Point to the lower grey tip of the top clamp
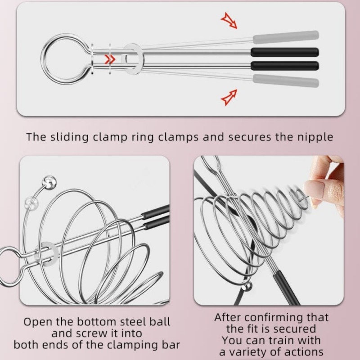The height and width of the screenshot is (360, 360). click(x=286, y=81)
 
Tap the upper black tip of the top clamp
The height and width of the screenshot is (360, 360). click(x=285, y=52)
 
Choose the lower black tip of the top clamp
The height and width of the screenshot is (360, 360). click(x=285, y=66)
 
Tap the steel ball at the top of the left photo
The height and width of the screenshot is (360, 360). click(x=49, y=182)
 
